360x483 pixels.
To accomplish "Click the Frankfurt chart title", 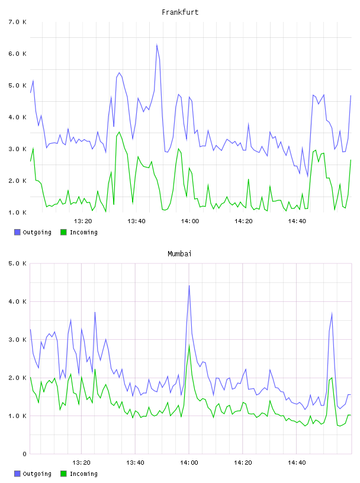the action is [x=180, y=12].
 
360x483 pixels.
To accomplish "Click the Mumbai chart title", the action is [x=179, y=254].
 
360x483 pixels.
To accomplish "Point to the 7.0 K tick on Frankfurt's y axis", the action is [x=17, y=22].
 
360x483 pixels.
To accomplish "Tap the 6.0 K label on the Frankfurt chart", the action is [x=17, y=54].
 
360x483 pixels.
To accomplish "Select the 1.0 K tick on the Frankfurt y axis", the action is [x=17, y=212].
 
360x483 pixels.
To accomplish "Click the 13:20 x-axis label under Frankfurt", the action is [x=83, y=221].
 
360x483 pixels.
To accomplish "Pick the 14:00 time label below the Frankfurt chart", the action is [x=190, y=221].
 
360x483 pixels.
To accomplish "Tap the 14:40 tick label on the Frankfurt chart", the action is [x=297, y=221].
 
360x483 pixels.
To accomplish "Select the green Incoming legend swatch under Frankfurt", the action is [x=63, y=232].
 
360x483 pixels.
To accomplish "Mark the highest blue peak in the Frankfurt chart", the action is [x=157, y=44].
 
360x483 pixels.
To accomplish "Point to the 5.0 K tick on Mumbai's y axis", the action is [x=17, y=263].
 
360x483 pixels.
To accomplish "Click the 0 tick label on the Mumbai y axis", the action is [x=24, y=454].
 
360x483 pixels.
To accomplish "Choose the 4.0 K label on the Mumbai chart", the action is [x=17, y=301].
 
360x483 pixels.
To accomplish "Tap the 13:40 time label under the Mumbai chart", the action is [x=136, y=463].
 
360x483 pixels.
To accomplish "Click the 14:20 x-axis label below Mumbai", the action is [x=243, y=463].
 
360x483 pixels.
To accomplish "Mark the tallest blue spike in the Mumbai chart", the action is [x=189, y=285].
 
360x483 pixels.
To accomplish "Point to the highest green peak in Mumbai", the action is [x=189, y=345].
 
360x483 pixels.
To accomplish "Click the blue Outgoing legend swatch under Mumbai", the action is [x=17, y=474].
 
